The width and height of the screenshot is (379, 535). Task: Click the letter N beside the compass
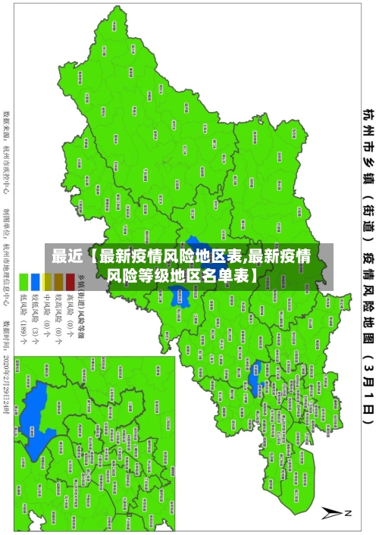[x=349, y=513]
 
